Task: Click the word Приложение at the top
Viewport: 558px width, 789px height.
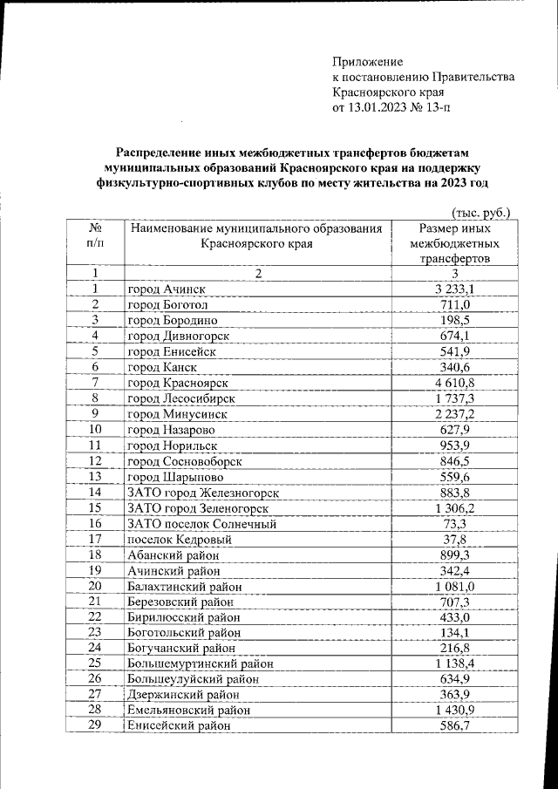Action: click(368, 62)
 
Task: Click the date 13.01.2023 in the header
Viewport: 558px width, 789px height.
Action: click(378, 108)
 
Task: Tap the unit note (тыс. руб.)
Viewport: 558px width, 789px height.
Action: click(480, 212)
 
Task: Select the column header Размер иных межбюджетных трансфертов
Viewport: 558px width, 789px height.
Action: click(453, 243)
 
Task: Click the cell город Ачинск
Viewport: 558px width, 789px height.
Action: click(169, 289)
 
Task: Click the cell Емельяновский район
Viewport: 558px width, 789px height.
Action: click(190, 712)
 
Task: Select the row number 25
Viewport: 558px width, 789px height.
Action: click(95, 665)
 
